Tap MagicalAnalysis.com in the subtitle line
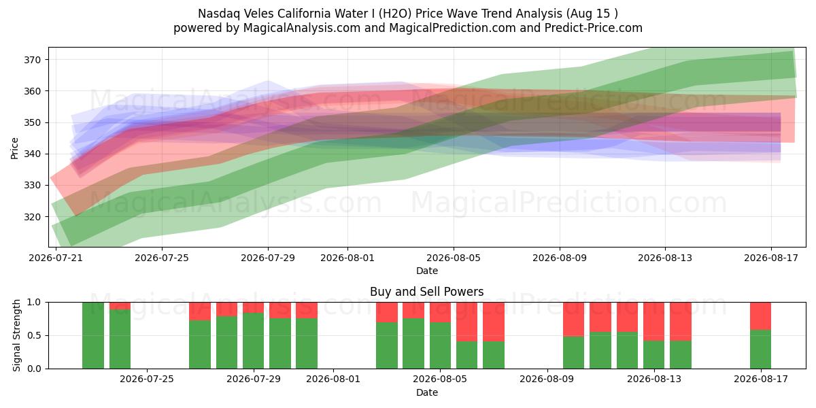click(x=302, y=28)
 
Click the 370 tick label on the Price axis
click(x=32, y=60)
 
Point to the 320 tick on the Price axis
click(x=32, y=217)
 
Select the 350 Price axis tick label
click(x=32, y=122)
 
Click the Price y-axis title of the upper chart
click(x=14, y=148)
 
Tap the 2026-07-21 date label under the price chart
click(x=56, y=258)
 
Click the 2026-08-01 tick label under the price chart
click(x=347, y=258)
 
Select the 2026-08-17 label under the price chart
click(x=771, y=258)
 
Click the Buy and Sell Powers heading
click(x=426, y=292)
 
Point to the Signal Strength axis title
click(x=16, y=335)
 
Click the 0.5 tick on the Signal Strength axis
click(x=34, y=335)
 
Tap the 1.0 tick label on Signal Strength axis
click(x=34, y=303)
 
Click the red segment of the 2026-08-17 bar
click(x=761, y=316)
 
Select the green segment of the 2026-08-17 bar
click(x=761, y=349)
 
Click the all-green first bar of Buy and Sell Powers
click(x=93, y=335)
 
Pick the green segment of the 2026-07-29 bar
click(x=253, y=341)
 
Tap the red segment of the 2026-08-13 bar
click(x=654, y=321)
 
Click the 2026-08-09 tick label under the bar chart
click(x=547, y=379)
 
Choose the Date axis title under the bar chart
click(x=427, y=393)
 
